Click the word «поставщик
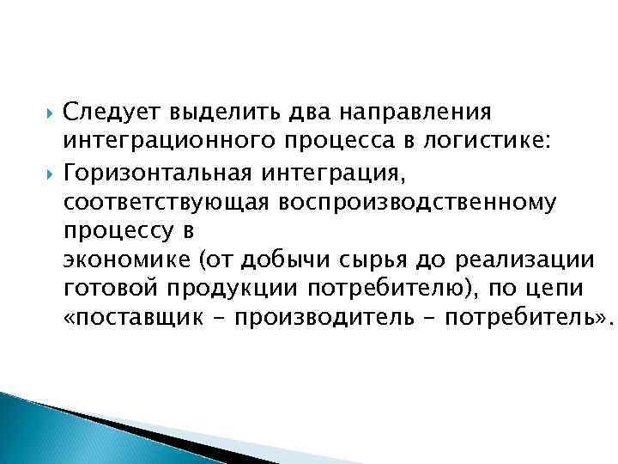click(121, 319)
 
